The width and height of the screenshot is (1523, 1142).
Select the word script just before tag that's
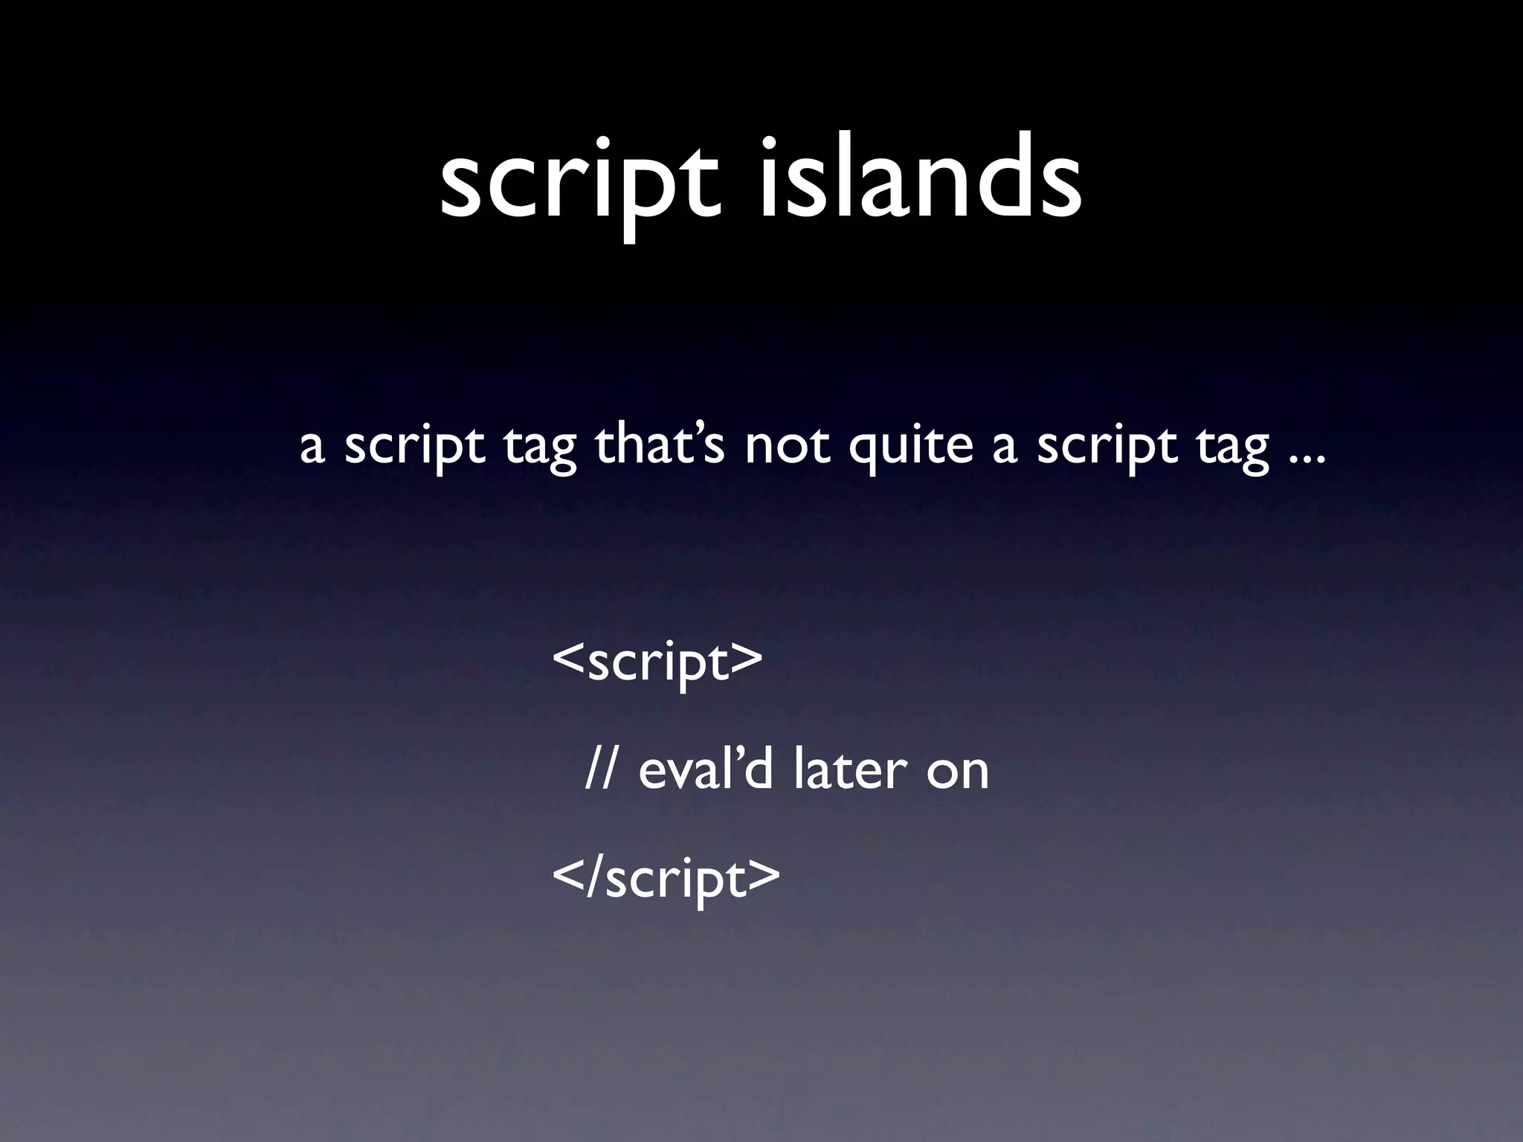pyautogui.click(x=414, y=448)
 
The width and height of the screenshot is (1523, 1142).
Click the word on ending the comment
pyautogui.click(x=958, y=773)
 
